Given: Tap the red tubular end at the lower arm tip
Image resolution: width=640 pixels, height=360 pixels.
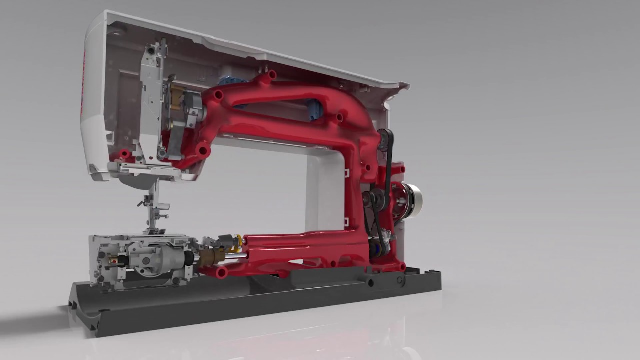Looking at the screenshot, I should pos(221,272).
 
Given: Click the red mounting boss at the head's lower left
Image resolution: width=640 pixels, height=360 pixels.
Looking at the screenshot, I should pos(124,153).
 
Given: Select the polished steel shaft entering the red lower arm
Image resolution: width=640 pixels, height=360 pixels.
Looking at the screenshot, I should pos(235,256).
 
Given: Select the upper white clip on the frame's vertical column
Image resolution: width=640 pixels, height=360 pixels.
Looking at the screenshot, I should pos(346,173).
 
